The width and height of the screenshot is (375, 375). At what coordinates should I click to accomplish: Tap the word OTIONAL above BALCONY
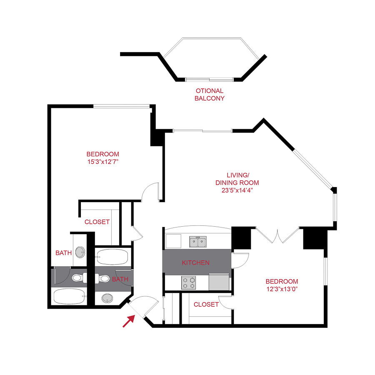click(210, 91)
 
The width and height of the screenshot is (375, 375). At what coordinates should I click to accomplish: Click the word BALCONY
click(210, 99)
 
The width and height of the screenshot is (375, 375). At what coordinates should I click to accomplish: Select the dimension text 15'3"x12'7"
click(102, 161)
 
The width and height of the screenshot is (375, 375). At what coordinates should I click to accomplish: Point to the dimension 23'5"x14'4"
click(237, 190)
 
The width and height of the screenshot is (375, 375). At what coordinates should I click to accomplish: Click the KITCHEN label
click(195, 263)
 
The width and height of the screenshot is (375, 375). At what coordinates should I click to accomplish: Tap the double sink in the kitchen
click(198, 242)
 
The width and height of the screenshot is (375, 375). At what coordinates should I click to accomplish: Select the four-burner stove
click(189, 282)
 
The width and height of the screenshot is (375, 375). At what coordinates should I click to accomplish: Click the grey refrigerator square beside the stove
click(219, 281)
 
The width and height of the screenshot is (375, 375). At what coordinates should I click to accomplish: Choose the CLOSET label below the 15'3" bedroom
click(97, 222)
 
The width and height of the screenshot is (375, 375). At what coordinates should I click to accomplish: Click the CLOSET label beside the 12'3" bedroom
click(206, 305)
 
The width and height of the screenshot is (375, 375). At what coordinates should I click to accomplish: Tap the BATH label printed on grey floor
click(120, 279)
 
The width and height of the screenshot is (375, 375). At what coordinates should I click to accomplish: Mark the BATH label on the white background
click(64, 252)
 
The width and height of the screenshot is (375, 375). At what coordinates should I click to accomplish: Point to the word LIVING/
click(237, 175)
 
